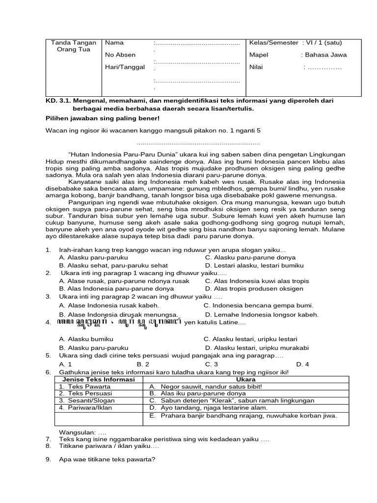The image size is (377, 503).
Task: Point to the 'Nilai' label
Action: click(257, 67)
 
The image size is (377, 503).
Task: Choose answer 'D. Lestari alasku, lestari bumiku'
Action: click(253, 265)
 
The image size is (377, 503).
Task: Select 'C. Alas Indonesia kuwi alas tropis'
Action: click(257, 281)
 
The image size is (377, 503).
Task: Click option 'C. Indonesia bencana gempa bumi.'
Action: click(258, 305)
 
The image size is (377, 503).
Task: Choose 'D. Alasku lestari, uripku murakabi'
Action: click(257, 347)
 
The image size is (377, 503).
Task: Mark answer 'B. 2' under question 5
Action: click(143, 364)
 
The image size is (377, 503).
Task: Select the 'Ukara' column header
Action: click(245, 380)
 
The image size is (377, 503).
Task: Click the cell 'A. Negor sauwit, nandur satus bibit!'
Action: click(206, 387)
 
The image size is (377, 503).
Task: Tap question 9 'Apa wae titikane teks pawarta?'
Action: click(107, 460)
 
